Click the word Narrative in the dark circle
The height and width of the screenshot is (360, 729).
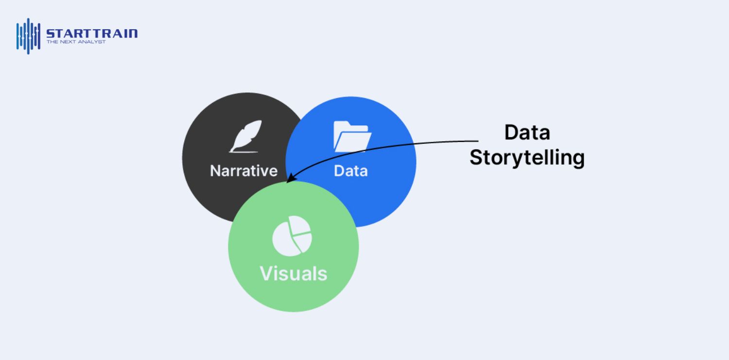[x=243, y=171]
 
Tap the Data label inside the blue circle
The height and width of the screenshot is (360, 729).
[x=350, y=171]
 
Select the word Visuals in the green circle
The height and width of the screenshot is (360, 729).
[x=294, y=273]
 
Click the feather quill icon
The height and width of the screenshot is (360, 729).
[x=246, y=136]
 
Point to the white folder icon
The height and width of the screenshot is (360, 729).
[x=352, y=136]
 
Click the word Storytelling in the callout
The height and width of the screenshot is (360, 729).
[x=527, y=158]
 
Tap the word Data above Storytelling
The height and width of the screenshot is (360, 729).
[x=527, y=132]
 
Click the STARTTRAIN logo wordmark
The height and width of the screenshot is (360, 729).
[x=92, y=34]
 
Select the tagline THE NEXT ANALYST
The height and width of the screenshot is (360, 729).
[x=76, y=42]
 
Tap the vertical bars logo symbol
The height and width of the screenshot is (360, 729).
[x=28, y=36]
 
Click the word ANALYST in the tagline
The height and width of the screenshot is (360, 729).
[x=93, y=42]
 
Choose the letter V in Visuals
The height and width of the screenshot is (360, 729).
[x=267, y=274]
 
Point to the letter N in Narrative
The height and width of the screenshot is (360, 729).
[x=215, y=171]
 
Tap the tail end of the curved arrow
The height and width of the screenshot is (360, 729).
[x=477, y=141]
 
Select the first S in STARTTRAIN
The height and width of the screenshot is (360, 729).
[x=51, y=34]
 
